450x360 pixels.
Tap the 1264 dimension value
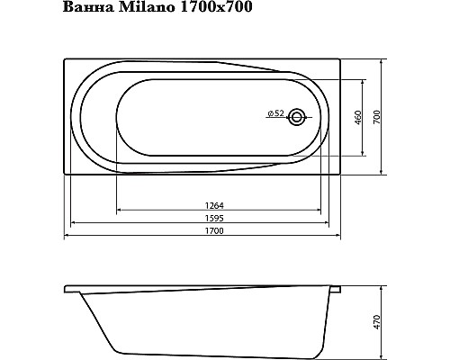[x=215, y=204]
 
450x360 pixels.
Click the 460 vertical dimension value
[x=357, y=118]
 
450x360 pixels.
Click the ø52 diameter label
[x=275, y=113]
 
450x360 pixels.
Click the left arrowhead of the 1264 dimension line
[x=119, y=211]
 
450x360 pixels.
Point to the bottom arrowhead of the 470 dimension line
[x=384, y=352]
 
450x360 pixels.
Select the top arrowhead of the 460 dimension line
[x=363, y=78]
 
